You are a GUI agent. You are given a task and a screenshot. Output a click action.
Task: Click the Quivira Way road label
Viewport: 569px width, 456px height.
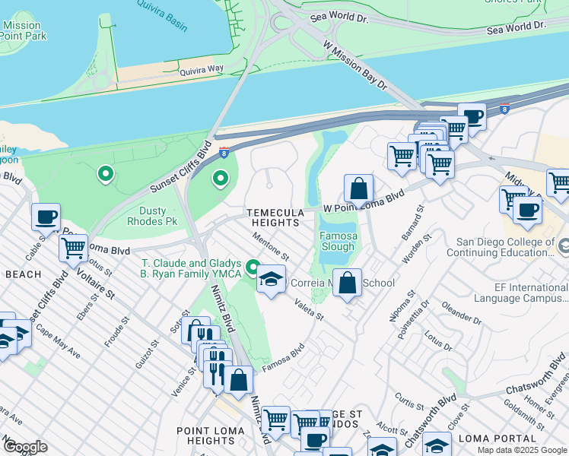tap(202, 70)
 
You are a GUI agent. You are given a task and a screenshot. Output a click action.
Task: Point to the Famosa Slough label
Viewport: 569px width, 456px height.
tap(337, 241)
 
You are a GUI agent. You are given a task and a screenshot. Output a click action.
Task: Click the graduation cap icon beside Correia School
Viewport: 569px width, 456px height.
tap(271, 279)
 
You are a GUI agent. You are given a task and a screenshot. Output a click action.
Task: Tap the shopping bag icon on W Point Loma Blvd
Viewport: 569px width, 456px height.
tap(358, 188)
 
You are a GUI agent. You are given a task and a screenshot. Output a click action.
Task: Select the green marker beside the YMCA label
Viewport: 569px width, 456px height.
tap(253, 268)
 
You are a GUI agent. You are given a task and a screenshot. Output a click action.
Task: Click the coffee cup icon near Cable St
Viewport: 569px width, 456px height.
tap(46, 217)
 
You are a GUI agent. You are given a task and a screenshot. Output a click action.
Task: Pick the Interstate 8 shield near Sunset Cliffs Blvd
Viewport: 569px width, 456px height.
tap(224, 152)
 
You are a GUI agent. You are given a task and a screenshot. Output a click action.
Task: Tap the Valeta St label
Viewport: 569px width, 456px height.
tap(309, 310)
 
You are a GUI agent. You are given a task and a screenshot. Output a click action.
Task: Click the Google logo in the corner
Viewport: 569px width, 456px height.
tap(24, 447)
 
